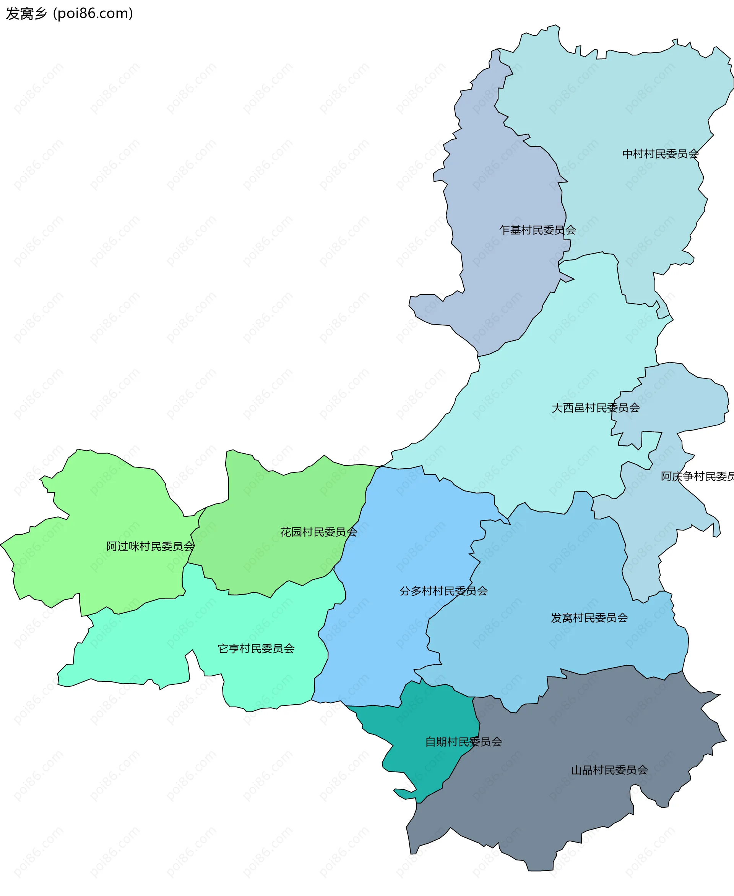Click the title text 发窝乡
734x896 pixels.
pos(26,13)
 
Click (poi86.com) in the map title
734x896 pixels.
pos(93,13)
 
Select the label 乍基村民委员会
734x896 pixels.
pos(538,230)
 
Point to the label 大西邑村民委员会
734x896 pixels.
pos(595,408)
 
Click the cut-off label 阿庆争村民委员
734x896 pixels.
pos(697,477)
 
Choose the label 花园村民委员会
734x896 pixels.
pos(318,532)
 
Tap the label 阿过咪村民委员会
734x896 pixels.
pos(150,547)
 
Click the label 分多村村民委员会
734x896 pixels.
pos(443,591)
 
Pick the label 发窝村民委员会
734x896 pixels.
pos(589,618)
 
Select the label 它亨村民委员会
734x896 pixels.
pos(256,649)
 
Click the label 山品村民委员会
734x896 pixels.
pos(609,770)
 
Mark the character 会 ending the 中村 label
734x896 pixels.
pos(693,154)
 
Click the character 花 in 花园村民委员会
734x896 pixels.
pos(286,532)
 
